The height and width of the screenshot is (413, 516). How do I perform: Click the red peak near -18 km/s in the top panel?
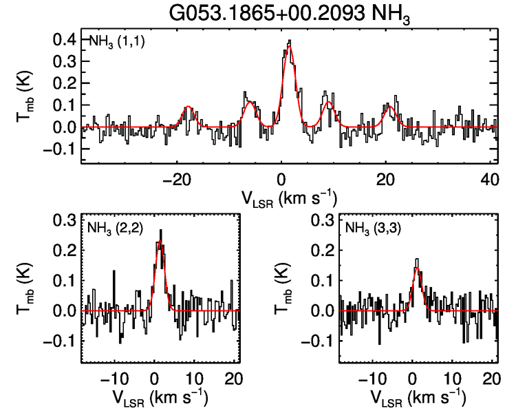[x=187, y=107]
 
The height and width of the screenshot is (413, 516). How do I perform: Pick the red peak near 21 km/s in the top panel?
[x=390, y=107]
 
